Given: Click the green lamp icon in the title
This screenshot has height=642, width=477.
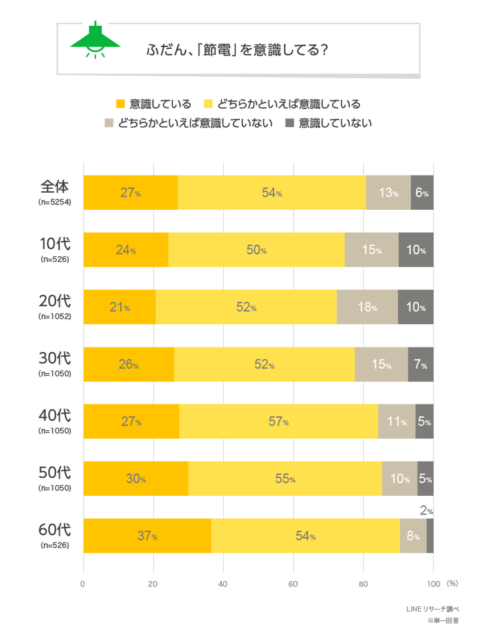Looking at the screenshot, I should pos(95,41).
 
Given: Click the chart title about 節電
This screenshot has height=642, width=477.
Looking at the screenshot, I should pos(237,50).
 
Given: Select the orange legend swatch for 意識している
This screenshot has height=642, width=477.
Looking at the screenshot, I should pos(120,104).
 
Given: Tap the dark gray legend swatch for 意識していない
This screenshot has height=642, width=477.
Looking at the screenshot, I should pos(289,123).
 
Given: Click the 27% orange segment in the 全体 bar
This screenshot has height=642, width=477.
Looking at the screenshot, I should pos(131,193).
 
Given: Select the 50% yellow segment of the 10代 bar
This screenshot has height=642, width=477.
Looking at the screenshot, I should pos(256,250).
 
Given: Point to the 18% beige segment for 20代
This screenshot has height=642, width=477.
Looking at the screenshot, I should pos(367,307).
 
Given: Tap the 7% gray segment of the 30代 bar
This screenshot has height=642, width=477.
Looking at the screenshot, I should pos(420,364).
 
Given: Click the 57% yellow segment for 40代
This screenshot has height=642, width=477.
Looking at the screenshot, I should pos(278,421).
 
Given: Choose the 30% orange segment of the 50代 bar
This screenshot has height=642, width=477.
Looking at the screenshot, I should pos(136,479).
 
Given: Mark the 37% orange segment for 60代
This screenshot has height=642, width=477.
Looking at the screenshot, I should pos(147,535).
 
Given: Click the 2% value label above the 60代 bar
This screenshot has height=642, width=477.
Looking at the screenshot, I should pos(426,511).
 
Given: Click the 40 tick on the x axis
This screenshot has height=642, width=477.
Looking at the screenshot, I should pos(223,584).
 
